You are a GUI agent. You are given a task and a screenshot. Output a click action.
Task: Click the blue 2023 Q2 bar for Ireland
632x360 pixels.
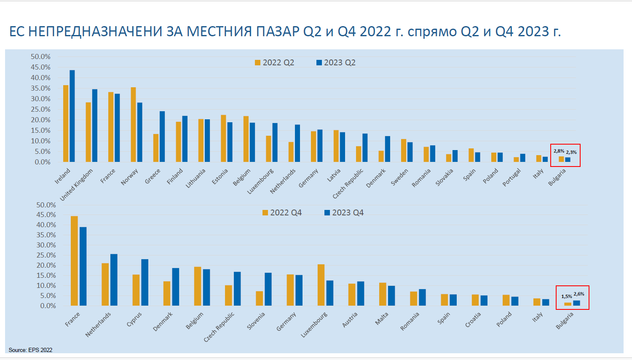tap(72, 116)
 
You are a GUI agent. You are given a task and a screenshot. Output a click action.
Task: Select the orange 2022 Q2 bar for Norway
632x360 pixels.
tap(133, 125)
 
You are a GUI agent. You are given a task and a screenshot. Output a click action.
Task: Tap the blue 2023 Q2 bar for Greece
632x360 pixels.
tap(162, 137)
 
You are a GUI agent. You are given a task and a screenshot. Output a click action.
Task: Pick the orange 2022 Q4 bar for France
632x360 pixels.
tap(74, 261)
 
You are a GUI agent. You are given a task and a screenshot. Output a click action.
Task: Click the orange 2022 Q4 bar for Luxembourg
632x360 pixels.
tap(321, 285)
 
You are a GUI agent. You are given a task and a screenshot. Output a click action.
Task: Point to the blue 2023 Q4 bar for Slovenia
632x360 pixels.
tap(268, 289)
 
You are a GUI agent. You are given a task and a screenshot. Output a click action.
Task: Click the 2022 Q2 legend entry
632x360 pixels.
tap(275, 62)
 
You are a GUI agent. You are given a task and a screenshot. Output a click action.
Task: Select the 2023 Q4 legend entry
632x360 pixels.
tap(344, 212)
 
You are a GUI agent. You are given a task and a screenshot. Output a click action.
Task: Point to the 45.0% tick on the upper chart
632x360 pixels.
tap(40, 67)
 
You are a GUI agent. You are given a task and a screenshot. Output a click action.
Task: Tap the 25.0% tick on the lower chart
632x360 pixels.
tap(46, 255)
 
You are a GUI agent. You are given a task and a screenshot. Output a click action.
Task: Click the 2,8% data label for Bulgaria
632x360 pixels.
tap(559, 151)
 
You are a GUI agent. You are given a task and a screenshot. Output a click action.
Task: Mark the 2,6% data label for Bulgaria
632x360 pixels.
tap(579, 294)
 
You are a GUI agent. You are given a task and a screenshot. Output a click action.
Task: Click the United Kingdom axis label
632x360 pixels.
tap(77, 185)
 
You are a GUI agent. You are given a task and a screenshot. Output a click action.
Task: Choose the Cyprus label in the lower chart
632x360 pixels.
tap(134, 319)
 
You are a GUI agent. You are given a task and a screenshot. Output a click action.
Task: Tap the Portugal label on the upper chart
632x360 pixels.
tap(512, 177)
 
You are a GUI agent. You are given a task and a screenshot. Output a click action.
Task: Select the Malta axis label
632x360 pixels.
tap(382, 319)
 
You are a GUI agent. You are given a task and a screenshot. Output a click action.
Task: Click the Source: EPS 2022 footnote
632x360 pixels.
tap(30, 350)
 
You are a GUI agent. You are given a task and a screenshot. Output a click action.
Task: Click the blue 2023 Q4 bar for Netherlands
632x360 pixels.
tap(114, 280)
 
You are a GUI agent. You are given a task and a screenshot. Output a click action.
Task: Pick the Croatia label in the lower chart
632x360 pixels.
tap(473, 320)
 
